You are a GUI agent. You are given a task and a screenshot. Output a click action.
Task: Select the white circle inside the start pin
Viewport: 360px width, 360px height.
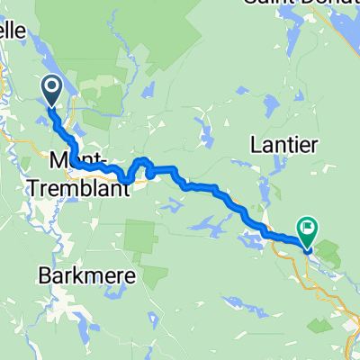click(51, 87)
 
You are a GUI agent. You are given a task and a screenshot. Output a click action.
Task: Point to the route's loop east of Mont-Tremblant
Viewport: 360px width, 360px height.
click(139, 166)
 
